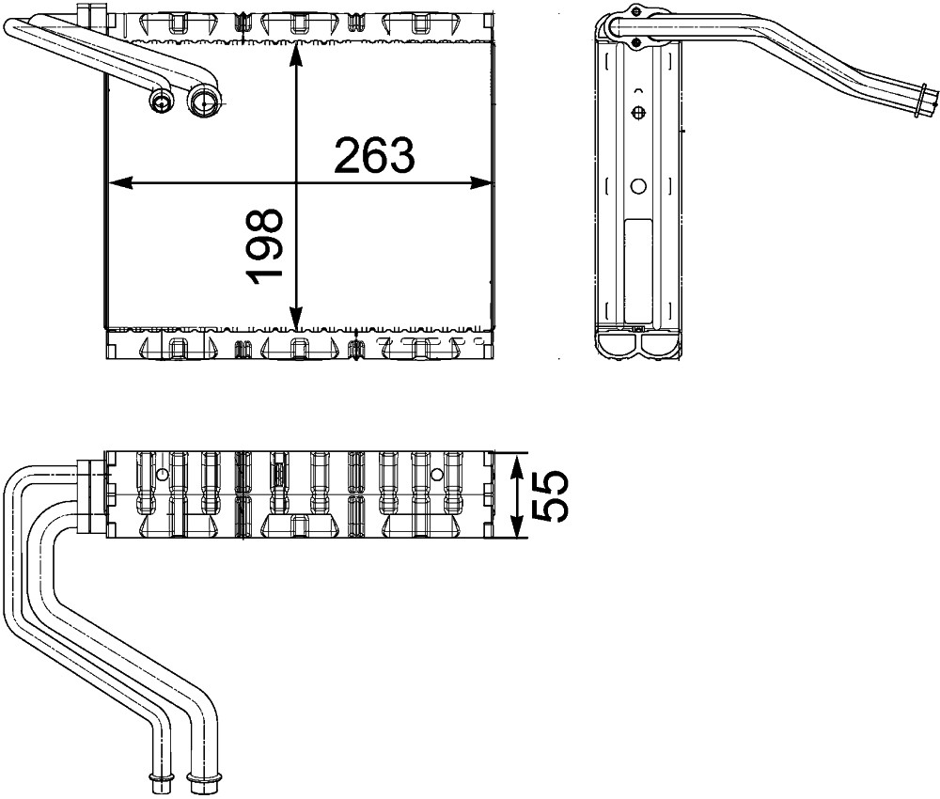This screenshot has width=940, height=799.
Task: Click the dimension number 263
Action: pyautogui.click(x=374, y=155)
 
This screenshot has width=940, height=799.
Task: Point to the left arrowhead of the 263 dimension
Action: pyautogui.click(x=117, y=182)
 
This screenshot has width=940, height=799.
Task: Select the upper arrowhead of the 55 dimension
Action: pyautogui.click(x=517, y=463)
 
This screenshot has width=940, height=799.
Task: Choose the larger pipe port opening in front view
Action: pyautogui.click(x=202, y=102)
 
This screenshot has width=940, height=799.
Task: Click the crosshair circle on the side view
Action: pyautogui.click(x=638, y=113)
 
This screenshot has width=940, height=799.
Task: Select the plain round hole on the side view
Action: pyautogui.click(x=638, y=186)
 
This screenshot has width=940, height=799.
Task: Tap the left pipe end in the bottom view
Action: pyautogui.click(x=157, y=777)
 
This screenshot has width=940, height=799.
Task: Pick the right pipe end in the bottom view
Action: pyautogui.click(x=198, y=777)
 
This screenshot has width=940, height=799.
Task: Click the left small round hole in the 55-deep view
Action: pyautogui.click(x=162, y=475)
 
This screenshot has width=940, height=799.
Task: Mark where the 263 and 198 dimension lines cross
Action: pyautogui.click(x=296, y=182)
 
